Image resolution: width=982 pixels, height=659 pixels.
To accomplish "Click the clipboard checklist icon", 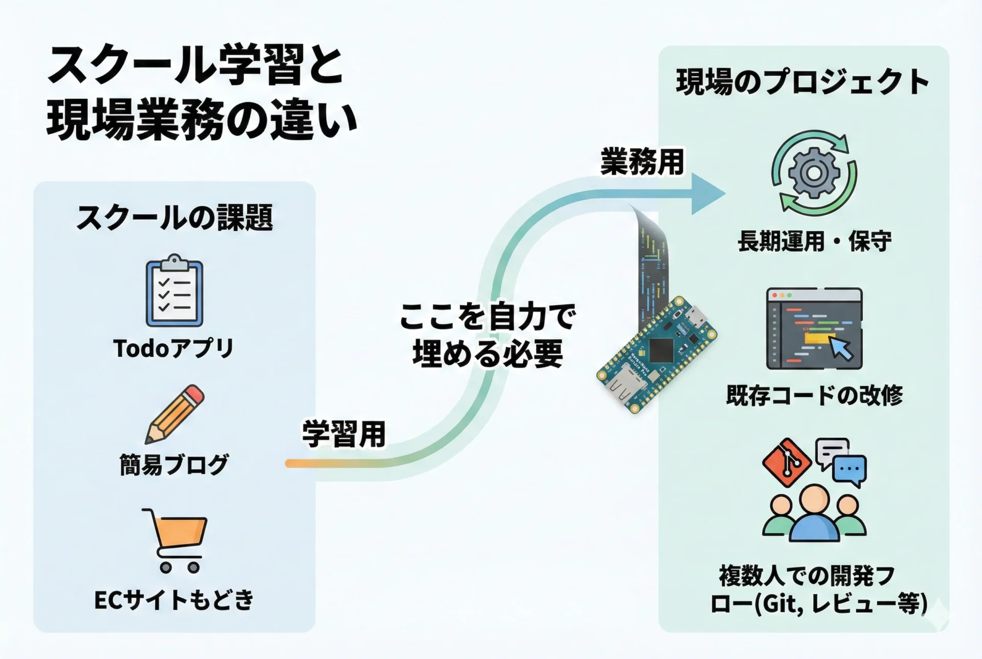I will (174, 291).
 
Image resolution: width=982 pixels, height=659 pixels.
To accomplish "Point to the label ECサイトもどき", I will (174, 600).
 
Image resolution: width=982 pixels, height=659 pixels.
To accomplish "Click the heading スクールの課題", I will (174, 217).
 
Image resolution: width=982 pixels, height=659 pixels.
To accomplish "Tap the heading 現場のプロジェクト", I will (802, 82).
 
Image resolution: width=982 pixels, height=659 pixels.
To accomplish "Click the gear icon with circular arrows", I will (813, 172).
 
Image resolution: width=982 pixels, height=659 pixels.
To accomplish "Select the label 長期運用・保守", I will (814, 241).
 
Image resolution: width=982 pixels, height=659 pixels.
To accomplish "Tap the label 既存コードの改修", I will (814, 396).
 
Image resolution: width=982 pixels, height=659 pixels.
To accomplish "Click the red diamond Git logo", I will (787, 463).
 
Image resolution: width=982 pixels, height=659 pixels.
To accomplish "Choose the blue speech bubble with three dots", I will (850, 470).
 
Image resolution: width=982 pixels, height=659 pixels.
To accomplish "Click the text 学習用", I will (344, 434).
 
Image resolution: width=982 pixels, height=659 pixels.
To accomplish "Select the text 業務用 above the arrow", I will (642, 162).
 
